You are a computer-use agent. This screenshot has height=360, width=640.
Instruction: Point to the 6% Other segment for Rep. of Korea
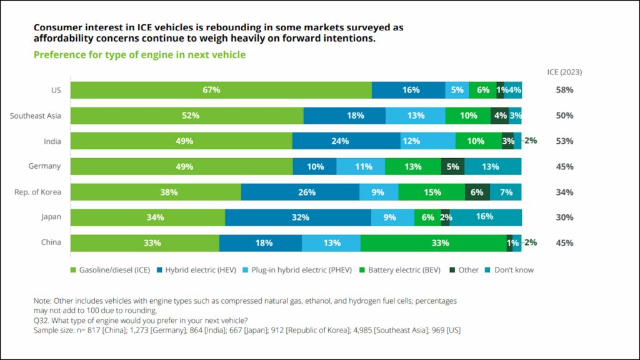(x=477, y=192)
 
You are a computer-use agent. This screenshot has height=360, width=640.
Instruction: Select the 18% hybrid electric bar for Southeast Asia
(x=344, y=116)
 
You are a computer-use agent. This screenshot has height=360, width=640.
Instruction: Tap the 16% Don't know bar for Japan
(x=486, y=217)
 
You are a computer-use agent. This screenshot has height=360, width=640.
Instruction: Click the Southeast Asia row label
(x=36, y=116)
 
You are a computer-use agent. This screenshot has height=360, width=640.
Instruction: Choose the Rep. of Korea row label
(x=37, y=192)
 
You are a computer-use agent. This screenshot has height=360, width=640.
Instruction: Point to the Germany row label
(x=44, y=166)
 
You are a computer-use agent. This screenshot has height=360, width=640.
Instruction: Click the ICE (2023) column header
(x=564, y=72)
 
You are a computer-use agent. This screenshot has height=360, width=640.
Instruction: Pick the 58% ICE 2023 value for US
(x=564, y=90)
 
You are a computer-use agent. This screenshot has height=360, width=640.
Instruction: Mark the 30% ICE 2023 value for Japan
(x=564, y=217)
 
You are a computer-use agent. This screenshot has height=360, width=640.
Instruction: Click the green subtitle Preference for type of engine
(x=139, y=55)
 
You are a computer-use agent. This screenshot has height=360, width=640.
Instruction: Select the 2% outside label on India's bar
(x=531, y=141)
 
